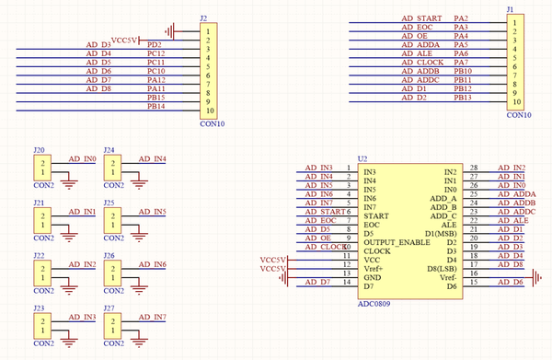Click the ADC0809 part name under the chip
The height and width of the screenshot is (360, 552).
[x=375, y=302]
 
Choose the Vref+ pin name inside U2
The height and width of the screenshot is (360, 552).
[x=374, y=268]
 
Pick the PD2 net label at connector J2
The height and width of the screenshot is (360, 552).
[x=155, y=44]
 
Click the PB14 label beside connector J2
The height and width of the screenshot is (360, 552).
[x=155, y=107]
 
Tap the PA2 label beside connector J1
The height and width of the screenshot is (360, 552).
[x=462, y=18]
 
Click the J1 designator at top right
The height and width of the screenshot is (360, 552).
[x=511, y=7]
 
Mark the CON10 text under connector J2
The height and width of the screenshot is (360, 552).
[x=212, y=123]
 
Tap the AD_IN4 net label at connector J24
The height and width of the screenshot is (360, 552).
[x=152, y=159]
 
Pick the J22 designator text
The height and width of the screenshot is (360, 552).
[x=39, y=255]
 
